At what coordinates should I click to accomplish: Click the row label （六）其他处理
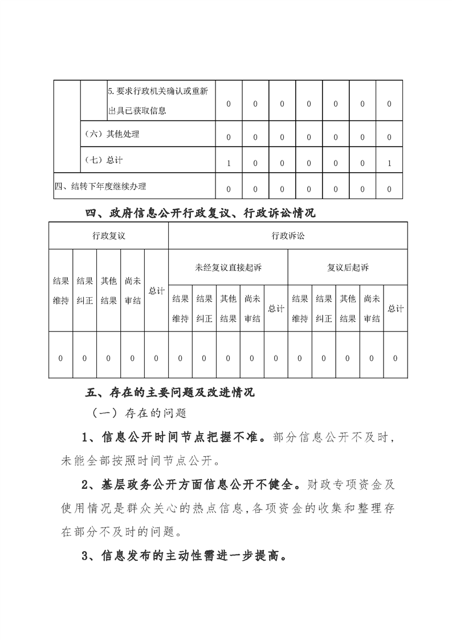click(x=111, y=135)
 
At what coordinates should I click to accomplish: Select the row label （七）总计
click(x=103, y=160)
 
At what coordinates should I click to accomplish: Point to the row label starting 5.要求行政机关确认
click(x=157, y=100)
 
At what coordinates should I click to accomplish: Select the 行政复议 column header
click(x=108, y=236)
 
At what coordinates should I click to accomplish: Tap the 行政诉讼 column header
click(x=288, y=236)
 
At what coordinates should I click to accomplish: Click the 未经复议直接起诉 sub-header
click(x=228, y=267)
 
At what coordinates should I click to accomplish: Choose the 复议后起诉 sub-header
click(x=348, y=267)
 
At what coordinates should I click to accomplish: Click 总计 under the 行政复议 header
click(x=156, y=291)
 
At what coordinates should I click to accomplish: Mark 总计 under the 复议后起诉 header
click(x=396, y=309)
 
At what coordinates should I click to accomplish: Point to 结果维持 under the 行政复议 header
click(x=60, y=291)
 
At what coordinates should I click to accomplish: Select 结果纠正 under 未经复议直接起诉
click(x=204, y=309)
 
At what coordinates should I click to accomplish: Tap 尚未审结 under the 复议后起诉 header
click(x=372, y=309)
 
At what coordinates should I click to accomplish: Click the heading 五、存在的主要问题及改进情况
click(x=170, y=393)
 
